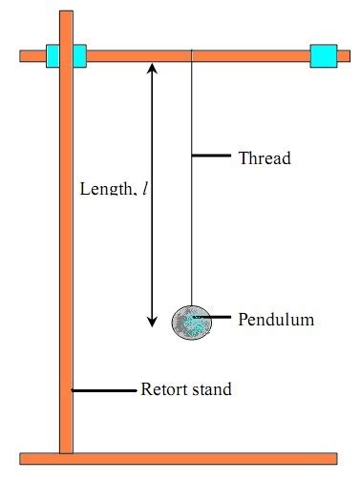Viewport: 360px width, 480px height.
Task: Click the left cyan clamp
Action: (66, 55)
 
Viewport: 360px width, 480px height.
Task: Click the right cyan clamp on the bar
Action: (324, 55)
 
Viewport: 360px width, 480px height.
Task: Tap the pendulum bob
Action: (189, 322)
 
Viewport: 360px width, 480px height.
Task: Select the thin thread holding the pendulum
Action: (193, 191)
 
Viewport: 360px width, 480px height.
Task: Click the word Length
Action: (108, 189)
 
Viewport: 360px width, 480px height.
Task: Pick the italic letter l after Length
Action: (145, 189)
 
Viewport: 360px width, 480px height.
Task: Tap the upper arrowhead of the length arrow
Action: (151, 69)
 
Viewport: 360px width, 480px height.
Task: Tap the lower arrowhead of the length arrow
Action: (151, 322)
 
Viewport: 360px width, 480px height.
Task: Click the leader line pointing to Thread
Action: (212, 156)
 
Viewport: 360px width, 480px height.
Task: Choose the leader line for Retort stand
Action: (104, 389)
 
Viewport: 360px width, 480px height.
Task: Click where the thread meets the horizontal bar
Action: (193, 61)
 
